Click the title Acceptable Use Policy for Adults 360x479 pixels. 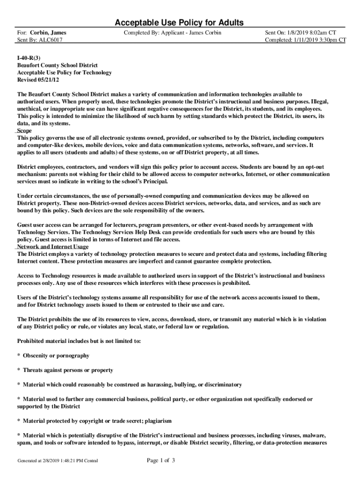click(x=180, y=23)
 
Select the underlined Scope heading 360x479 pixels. click(x=24, y=131)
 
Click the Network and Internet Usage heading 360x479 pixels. click(x=53, y=247)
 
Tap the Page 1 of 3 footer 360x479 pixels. click(x=161, y=461)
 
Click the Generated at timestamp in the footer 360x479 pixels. click(x=58, y=461)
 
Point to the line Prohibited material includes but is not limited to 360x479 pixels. click(x=79, y=341)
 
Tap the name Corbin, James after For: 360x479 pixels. click(x=48, y=33)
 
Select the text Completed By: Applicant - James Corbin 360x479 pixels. click(x=173, y=33)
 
